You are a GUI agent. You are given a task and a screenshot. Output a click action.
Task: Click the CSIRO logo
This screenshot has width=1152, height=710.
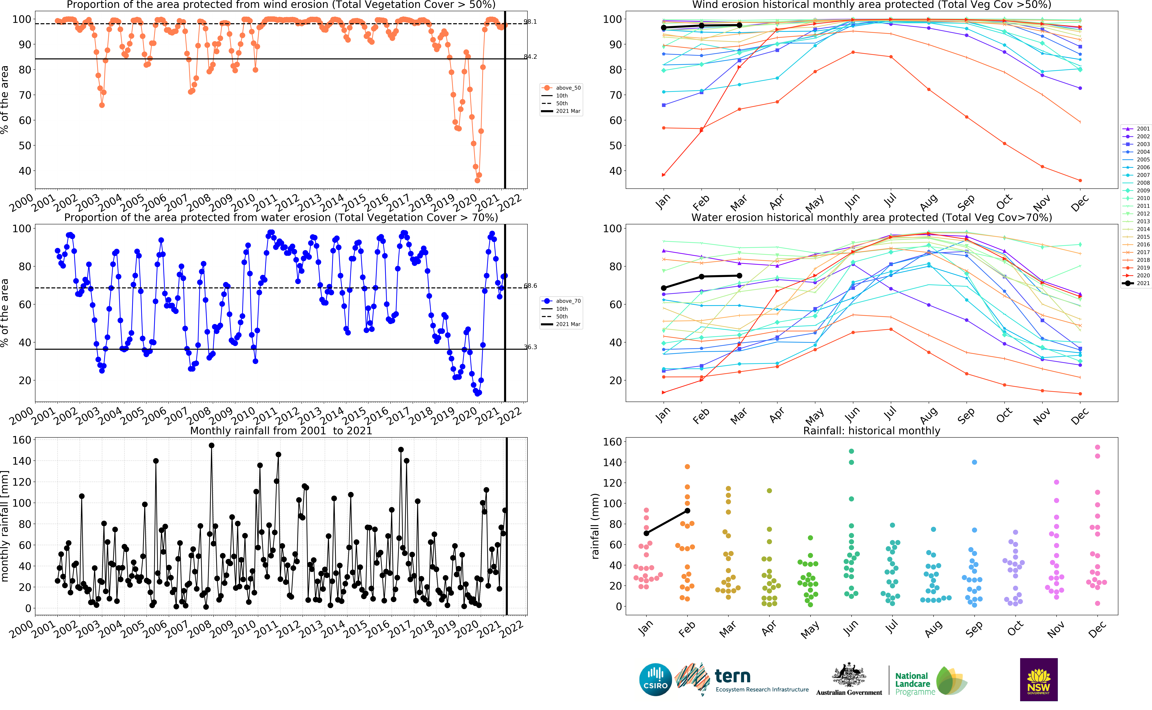pos(655,680)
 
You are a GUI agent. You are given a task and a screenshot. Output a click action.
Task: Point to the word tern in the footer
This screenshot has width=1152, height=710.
pos(732,676)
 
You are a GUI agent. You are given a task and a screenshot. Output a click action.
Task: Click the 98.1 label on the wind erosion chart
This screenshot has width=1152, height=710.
pos(530,22)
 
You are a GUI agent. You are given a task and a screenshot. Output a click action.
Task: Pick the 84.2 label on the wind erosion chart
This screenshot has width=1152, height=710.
pos(530,57)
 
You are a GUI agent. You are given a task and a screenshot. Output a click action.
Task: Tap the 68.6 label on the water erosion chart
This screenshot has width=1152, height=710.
pos(530,286)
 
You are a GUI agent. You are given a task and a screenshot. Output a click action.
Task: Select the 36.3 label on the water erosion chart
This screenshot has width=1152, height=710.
pos(530,347)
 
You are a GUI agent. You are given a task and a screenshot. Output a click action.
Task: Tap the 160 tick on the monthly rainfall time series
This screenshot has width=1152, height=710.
pos(22,440)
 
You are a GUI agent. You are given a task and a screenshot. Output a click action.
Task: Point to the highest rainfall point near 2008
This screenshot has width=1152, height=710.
pos(211,446)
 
